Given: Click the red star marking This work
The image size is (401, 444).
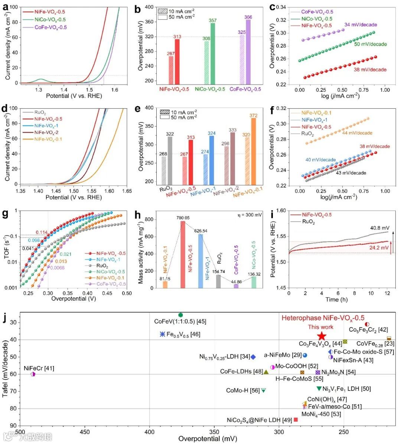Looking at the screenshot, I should pyautogui.click(x=322, y=336).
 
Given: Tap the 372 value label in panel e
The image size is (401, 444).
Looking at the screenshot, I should pyautogui.click(x=254, y=115).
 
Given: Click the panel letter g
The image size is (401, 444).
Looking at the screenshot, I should pyautogui.click(x=5, y=214).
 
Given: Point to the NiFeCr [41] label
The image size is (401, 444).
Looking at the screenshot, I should pyautogui.click(x=39, y=368).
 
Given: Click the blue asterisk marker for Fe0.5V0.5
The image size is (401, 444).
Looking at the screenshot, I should pyautogui.click(x=162, y=334).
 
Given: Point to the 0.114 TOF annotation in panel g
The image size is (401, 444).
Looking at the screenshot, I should pyautogui.click(x=42, y=232).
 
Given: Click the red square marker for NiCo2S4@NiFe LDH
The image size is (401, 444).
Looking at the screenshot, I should pyautogui.click(x=296, y=419).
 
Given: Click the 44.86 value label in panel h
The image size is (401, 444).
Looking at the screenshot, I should pyautogui.click(x=236, y=282).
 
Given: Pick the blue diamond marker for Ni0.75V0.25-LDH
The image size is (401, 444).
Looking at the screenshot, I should pyautogui.click(x=253, y=357).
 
